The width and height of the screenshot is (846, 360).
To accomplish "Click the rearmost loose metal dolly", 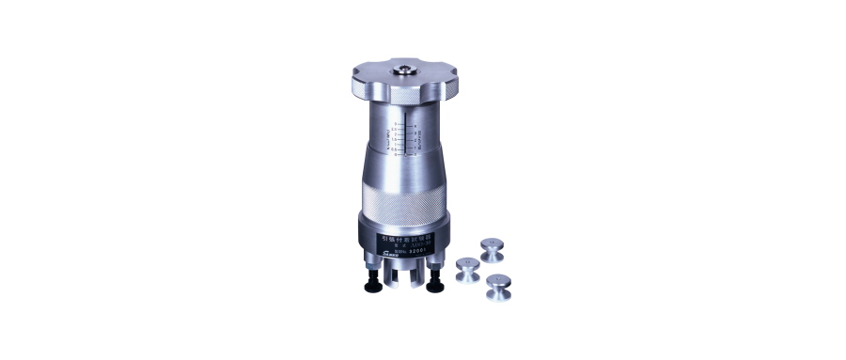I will (x=492, y=250).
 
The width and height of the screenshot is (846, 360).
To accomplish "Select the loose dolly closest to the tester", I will (x=467, y=271).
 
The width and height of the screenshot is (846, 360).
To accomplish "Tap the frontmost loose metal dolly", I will (x=498, y=287).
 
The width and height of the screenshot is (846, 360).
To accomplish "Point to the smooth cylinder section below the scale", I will (x=404, y=169).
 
